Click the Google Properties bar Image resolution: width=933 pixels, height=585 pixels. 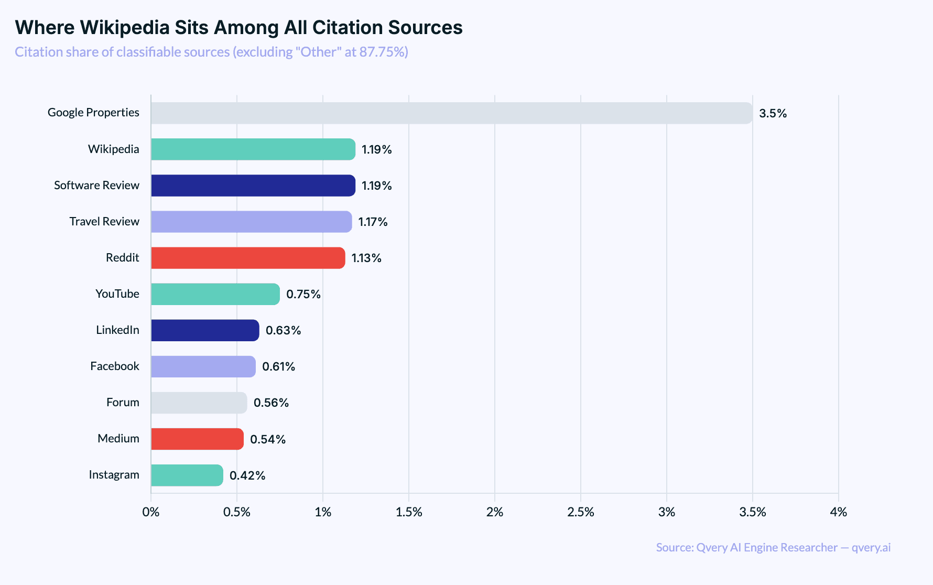click(x=451, y=113)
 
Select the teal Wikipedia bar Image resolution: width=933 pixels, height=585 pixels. click(x=253, y=149)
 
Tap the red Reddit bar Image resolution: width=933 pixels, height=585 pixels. click(x=248, y=258)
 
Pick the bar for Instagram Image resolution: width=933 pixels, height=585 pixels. click(x=187, y=475)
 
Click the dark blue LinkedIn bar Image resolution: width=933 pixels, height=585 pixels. click(x=205, y=330)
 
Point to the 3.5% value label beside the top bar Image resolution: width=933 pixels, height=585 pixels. click(x=773, y=114)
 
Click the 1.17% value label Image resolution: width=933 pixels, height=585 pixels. click(x=373, y=222)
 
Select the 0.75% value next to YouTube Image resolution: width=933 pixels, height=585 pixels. click(x=303, y=295)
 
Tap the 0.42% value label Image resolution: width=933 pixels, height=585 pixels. click(x=247, y=476)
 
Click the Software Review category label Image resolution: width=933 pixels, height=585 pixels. click(x=96, y=186)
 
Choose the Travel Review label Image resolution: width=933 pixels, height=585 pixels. click(x=104, y=222)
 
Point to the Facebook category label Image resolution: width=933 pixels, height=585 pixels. click(x=114, y=366)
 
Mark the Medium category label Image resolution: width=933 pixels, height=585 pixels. click(x=118, y=439)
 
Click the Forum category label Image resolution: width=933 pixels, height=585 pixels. click(x=123, y=403)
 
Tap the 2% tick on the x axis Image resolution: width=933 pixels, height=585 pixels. click(x=495, y=512)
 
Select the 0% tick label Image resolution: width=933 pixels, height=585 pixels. click(x=151, y=512)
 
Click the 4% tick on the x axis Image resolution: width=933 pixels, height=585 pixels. click(x=839, y=512)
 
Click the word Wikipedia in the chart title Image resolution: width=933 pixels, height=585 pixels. click(x=125, y=28)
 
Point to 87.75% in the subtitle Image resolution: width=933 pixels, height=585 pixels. click(x=383, y=52)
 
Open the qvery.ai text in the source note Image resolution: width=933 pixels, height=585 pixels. click(x=871, y=548)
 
